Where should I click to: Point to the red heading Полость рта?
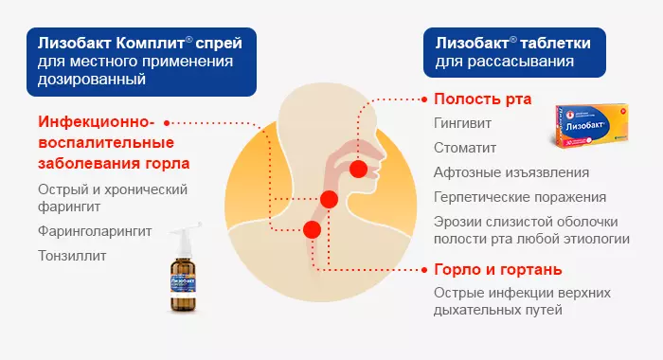482,99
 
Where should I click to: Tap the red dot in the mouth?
357,169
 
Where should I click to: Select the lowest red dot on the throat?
312,228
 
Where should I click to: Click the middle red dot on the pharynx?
329,199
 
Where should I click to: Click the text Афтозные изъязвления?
511,173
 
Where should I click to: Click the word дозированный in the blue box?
93,80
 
